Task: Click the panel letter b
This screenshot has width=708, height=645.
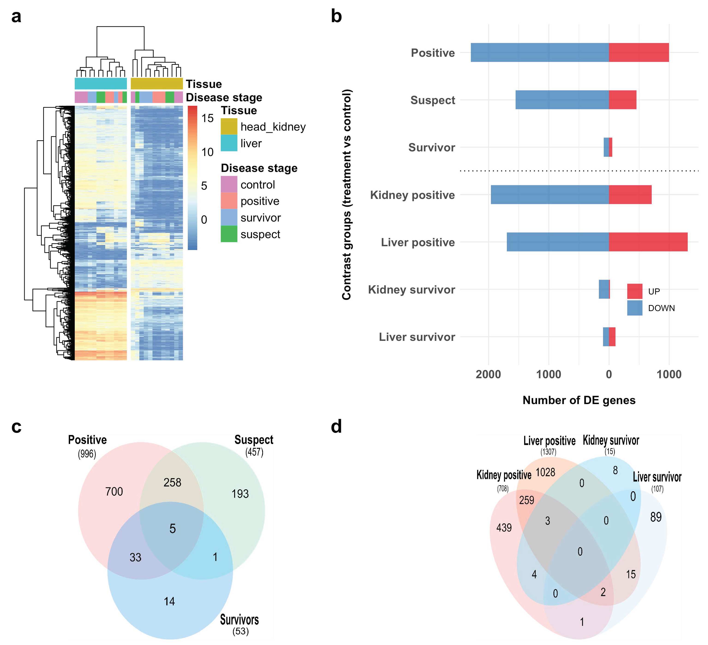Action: tap(336, 17)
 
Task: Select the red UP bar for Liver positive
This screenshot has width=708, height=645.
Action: tap(648, 242)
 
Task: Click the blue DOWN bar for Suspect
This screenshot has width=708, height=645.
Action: tap(562, 100)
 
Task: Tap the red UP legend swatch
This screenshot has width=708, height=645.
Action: tap(635, 291)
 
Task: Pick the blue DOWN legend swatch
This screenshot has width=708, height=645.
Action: tap(635, 308)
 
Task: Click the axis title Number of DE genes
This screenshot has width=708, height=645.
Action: tap(579, 400)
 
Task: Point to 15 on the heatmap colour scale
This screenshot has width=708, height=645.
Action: tap(207, 118)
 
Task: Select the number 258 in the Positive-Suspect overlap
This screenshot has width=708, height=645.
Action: tap(172, 482)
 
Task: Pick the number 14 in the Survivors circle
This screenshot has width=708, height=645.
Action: tap(169, 601)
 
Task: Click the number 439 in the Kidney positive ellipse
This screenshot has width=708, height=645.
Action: tap(504, 528)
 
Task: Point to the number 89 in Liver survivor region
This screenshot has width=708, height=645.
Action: tap(656, 517)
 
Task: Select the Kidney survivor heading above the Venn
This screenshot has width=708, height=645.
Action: tap(611, 440)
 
